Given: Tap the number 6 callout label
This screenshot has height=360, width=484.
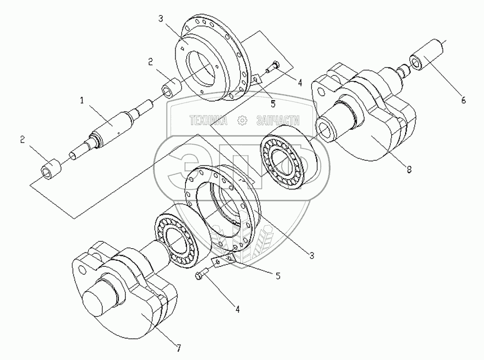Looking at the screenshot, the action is (x=463, y=100).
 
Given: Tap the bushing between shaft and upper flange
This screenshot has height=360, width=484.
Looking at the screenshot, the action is (x=171, y=86).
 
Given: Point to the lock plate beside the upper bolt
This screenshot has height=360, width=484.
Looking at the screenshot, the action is (x=257, y=79).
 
